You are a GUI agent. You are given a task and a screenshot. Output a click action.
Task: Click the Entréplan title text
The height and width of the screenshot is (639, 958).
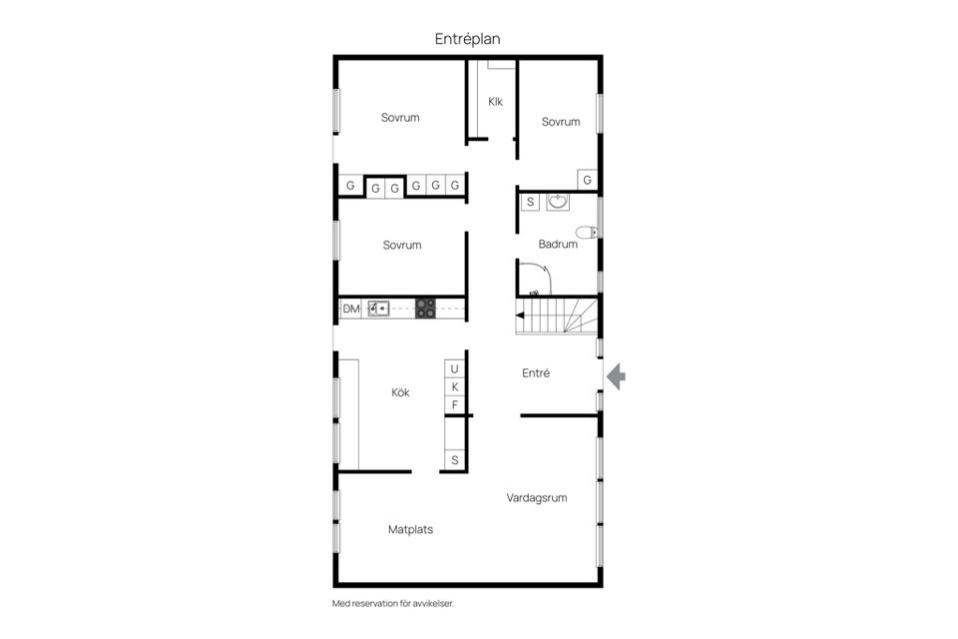467,39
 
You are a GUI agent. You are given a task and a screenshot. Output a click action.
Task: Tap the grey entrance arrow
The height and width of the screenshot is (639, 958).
616,376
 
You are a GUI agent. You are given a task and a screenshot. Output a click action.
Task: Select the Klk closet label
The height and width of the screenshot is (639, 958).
495,102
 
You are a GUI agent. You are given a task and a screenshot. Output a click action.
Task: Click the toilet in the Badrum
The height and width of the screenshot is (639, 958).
587,233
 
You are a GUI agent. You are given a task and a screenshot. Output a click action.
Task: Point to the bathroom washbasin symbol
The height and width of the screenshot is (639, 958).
557,202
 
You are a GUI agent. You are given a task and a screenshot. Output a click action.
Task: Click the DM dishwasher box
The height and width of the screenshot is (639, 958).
350,309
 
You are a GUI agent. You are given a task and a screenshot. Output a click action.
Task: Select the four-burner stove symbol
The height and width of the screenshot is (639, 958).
426,309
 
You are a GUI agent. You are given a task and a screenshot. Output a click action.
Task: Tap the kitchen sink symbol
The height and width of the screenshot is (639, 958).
379,309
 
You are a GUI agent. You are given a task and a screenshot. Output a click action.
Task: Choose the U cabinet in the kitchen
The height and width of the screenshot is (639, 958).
455,368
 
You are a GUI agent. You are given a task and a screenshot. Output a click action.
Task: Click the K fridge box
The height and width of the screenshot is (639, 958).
455,387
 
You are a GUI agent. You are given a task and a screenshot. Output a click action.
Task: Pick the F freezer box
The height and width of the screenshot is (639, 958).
455,404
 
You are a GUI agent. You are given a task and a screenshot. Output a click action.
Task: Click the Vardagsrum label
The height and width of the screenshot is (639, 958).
537,498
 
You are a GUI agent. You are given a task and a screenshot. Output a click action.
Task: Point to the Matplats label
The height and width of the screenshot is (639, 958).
410,529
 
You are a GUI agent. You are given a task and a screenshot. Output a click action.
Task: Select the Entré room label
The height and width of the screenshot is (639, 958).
536,373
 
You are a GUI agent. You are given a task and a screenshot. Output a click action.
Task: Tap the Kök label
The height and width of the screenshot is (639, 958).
400,392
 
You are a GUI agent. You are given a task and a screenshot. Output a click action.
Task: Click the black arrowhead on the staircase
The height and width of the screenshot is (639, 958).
520,316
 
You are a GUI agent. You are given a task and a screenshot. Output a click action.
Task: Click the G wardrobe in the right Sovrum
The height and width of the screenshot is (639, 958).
587,180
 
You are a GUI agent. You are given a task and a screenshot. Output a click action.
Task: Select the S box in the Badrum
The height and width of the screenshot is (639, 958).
530,202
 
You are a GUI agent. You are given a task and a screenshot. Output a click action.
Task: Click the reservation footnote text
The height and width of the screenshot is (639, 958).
393,603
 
